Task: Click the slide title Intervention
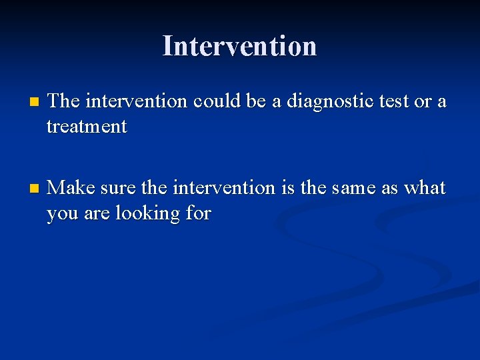239,46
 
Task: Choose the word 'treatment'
87,127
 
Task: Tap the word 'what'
425,188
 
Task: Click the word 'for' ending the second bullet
198,213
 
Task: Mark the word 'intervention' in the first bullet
137,101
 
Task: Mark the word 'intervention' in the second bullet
223,188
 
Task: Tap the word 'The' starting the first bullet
64,101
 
